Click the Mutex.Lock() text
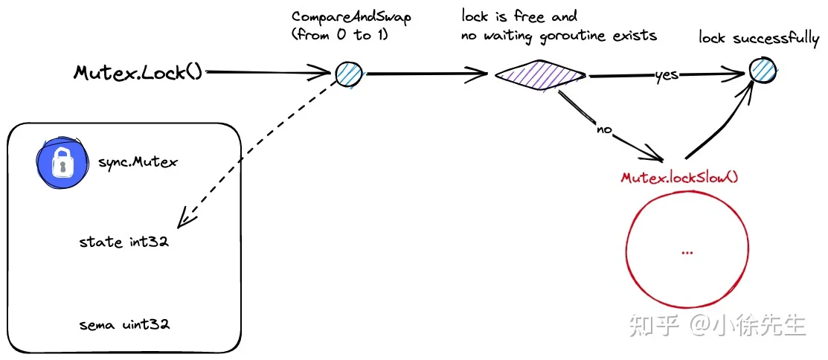138,72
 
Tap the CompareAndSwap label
351,16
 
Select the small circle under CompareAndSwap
348,74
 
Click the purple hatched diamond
540,75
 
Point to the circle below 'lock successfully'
763,71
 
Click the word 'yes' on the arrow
667,75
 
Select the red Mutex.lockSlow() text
679,177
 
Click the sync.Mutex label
138,161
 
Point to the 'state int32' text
124,242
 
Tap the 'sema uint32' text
125,324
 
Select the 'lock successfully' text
759,39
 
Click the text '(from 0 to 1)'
340,36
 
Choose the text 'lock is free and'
519,16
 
